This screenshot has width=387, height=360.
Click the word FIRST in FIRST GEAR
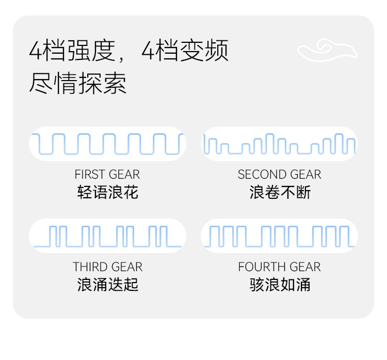tap(89, 175)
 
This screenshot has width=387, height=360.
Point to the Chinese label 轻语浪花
tap(108, 193)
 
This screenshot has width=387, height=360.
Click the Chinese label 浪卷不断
tap(280, 193)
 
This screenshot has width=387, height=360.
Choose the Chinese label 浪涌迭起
tap(108, 285)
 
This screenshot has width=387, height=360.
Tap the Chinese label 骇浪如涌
tap(280, 285)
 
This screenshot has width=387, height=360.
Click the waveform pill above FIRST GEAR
tap(107, 144)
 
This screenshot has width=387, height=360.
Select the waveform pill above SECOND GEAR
tap(279, 144)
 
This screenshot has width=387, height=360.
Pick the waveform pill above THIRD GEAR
tap(107, 236)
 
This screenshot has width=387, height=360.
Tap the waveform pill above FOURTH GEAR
tap(279, 236)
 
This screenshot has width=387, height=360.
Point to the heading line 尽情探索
tap(78, 83)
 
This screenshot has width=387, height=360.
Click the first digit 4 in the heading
tap(36, 51)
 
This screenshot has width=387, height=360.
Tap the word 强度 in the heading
tap(92, 51)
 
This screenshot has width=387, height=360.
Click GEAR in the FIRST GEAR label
tap(125, 175)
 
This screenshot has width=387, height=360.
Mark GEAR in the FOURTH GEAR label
tap(305, 267)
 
